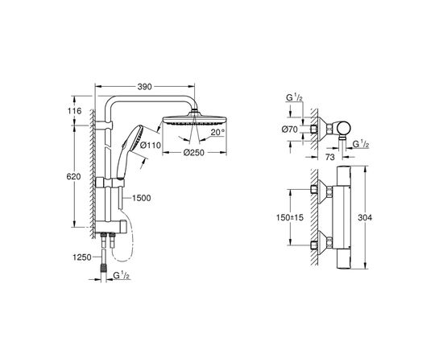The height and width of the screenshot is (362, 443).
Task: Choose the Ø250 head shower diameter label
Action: coord(193,152)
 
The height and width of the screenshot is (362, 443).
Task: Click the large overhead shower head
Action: coord(193,121)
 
